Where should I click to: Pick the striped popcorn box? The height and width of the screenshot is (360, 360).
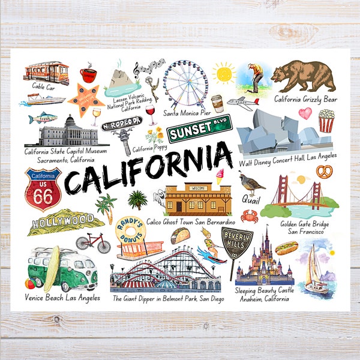[x=326, y=120]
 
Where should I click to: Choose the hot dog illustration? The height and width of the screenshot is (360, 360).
[x=286, y=247]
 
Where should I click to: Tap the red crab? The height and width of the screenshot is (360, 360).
[x=250, y=215]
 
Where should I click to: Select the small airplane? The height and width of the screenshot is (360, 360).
[x=242, y=103]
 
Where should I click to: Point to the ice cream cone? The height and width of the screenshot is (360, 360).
[x=219, y=175]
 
